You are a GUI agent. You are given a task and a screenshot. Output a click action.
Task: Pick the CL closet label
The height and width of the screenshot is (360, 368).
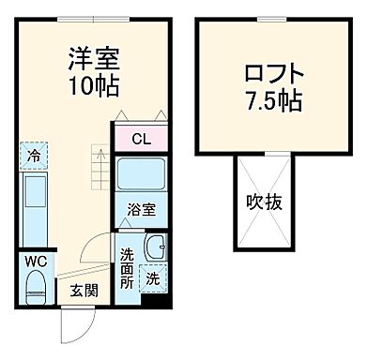coord(141,140)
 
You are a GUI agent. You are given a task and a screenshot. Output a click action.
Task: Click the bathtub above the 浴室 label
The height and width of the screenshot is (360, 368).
coord(141,176)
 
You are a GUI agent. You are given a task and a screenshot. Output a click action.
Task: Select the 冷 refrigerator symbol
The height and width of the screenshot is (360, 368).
coord(34,157)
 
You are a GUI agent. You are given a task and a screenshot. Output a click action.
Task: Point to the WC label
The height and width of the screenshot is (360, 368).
coord(36,260)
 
